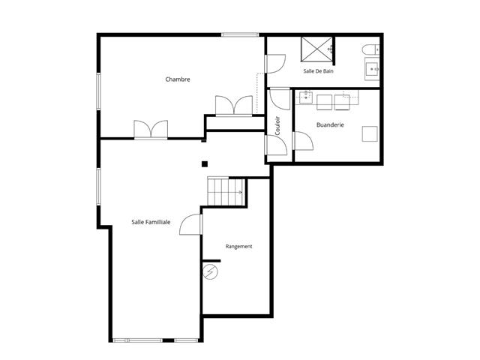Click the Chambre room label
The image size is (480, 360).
[178, 79]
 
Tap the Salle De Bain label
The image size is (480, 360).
[318, 71]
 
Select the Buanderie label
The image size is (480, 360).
[330, 125]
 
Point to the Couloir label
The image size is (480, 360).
[277, 125]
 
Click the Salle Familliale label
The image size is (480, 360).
[151, 222]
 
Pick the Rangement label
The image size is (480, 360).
[238, 247]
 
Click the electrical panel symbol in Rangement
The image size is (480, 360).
[210, 271]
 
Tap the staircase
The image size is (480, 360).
[226, 192]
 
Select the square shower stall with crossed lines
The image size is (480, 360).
[316, 49]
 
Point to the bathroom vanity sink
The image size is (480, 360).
[372, 69]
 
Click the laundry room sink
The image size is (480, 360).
[305, 97]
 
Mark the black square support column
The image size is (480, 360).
[205, 164]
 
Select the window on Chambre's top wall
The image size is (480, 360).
[240, 35]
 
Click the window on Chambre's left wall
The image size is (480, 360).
[98, 91]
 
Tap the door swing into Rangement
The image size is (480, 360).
[190, 224]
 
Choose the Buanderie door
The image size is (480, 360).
[303, 141]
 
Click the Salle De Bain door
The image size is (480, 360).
[275, 64]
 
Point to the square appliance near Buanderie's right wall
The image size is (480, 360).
[370, 133]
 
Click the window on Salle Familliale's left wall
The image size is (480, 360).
[98, 187]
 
